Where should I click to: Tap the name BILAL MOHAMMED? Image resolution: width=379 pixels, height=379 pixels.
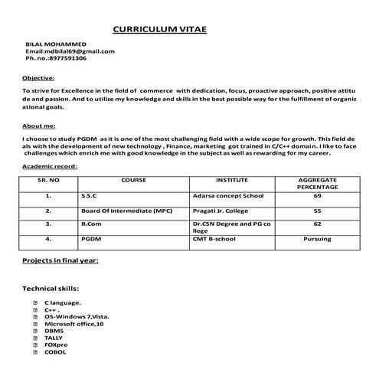coord(56,44)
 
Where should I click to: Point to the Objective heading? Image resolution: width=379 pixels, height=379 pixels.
coord(38,78)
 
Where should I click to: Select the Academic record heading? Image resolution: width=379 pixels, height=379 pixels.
coord(50,165)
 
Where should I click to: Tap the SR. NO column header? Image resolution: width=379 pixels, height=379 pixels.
coord(48,180)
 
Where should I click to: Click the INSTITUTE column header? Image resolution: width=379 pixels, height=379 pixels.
coord(231,180)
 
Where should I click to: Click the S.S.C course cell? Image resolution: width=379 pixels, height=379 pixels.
coord(90,196)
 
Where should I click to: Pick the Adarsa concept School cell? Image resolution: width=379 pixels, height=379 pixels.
coord(228,196)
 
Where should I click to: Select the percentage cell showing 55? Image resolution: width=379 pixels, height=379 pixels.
coord(318,210)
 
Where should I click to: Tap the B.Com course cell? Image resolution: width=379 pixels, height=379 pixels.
coord(91,224)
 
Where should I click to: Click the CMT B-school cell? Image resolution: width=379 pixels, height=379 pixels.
coord(215,239)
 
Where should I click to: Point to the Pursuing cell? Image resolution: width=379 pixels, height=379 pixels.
coord(317,239)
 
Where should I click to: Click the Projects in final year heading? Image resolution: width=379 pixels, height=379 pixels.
coord(60,261)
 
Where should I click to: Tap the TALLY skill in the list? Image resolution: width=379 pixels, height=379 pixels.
coord(54,338)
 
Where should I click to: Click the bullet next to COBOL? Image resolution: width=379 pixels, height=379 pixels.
coord(36,351)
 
